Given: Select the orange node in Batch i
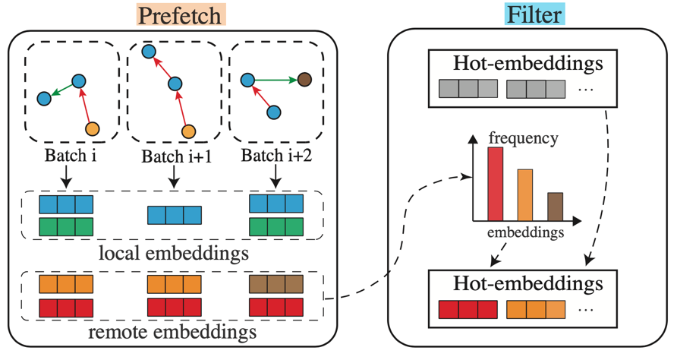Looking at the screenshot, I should pyautogui.click(x=93, y=129).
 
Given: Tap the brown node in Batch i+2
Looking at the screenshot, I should pyautogui.click(x=304, y=79).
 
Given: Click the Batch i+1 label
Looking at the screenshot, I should pyautogui.click(x=174, y=156).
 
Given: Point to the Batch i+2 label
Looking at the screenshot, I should pyautogui.click(x=274, y=156).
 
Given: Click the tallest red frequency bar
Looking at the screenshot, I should pyautogui.click(x=495, y=183).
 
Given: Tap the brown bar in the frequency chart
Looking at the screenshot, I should pyautogui.click(x=555, y=206).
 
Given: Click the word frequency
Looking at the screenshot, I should pyautogui.click(x=524, y=138).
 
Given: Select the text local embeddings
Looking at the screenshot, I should pyautogui.click(x=173, y=252).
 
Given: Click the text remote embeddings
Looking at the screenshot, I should pyautogui.click(x=172, y=332).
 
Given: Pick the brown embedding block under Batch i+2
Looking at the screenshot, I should pyautogui.click(x=276, y=285).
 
